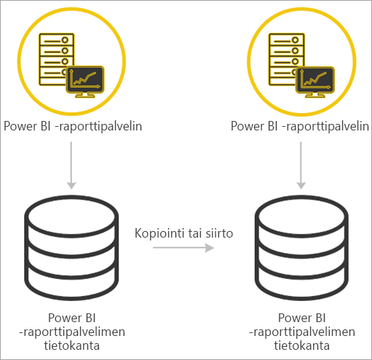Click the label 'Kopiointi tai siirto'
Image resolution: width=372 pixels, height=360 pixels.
tap(183, 233)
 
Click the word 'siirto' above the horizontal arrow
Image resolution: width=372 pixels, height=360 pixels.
tap(216, 233)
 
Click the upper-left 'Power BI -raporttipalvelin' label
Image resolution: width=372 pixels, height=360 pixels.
tap(73, 126)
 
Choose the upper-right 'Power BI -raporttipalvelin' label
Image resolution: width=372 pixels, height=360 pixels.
tap(299, 126)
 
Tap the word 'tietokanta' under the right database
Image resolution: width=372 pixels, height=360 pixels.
tap(301, 345)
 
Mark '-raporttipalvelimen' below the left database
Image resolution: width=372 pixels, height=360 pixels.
tap(73, 331)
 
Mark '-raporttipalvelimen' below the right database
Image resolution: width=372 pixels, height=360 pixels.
tap(301, 332)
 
